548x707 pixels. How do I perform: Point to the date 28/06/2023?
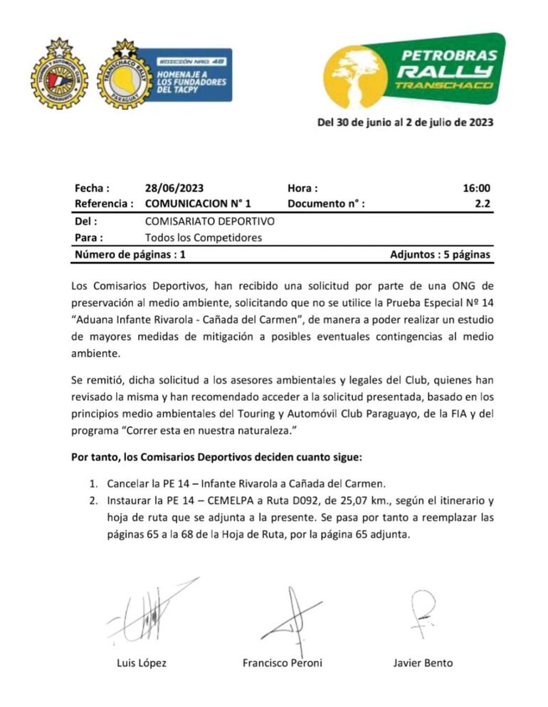[x=174, y=189]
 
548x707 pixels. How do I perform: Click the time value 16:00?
[x=476, y=189]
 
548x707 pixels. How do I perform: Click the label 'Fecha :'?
[x=92, y=189]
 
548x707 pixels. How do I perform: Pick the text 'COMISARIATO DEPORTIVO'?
[x=209, y=221]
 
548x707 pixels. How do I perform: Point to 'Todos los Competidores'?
[x=204, y=237]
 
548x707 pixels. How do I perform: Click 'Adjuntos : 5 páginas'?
[x=440, y=254]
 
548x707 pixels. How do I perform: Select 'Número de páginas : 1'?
[x=130, y=254]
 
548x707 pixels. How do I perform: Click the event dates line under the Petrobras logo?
[x=405, y=121]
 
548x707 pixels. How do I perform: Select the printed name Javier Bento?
[x=423, y=663]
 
